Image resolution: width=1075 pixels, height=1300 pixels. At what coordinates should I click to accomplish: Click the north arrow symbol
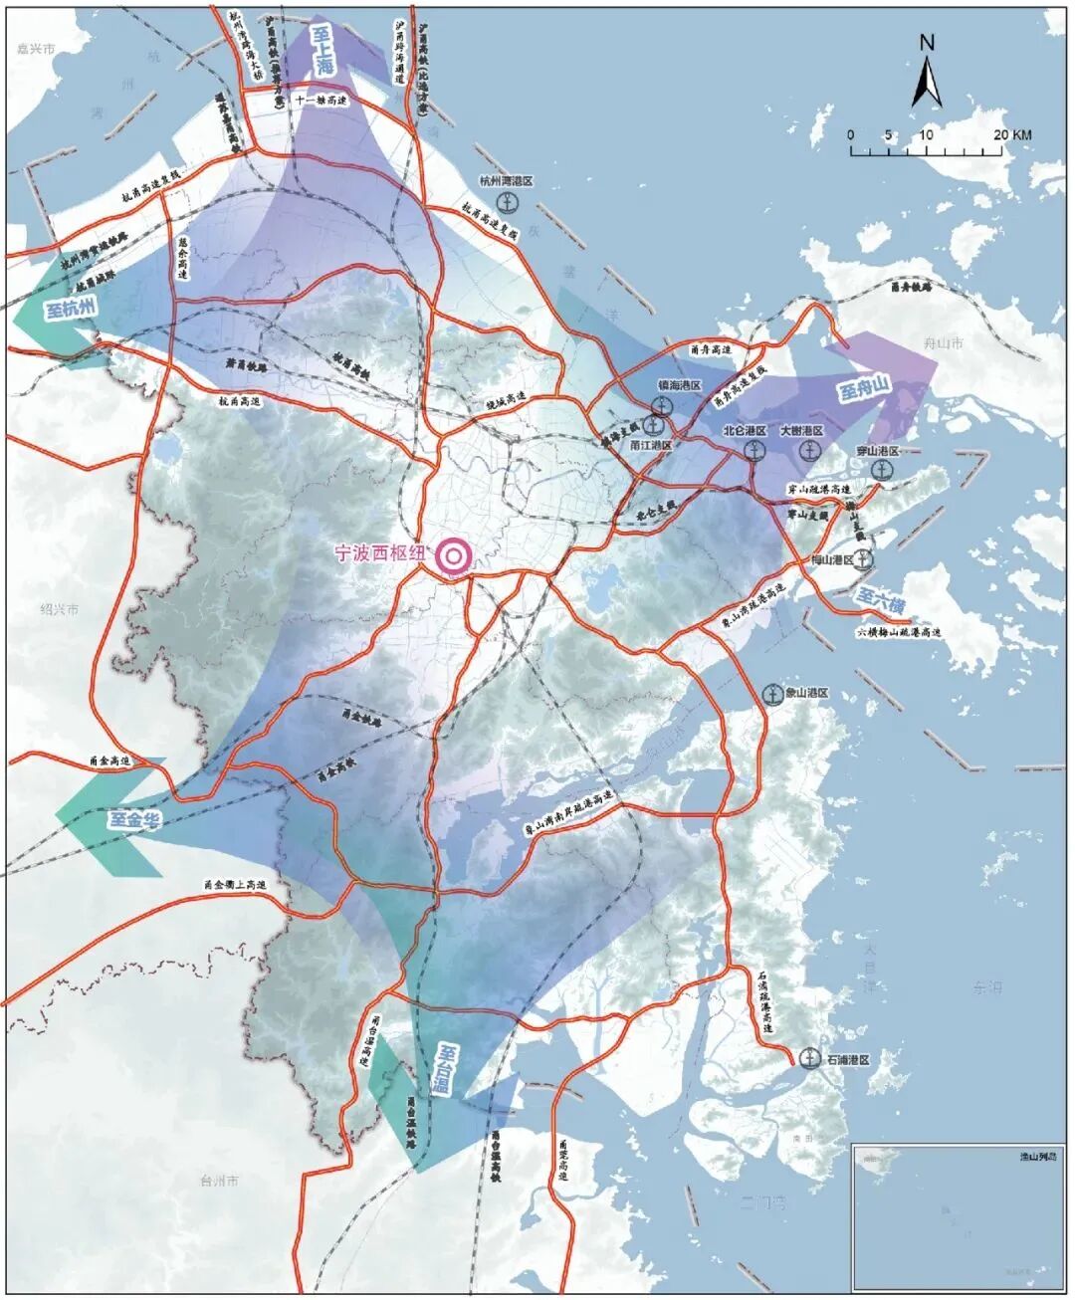927,75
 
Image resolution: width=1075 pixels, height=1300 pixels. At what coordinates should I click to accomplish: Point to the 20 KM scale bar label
1010,135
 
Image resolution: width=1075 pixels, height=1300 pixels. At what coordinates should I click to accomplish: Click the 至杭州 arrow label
71,309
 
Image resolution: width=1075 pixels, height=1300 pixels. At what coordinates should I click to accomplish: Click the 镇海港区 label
680,385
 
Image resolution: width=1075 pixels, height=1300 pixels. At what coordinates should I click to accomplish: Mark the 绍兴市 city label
59,609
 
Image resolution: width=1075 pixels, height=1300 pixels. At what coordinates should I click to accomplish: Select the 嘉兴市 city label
37,48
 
